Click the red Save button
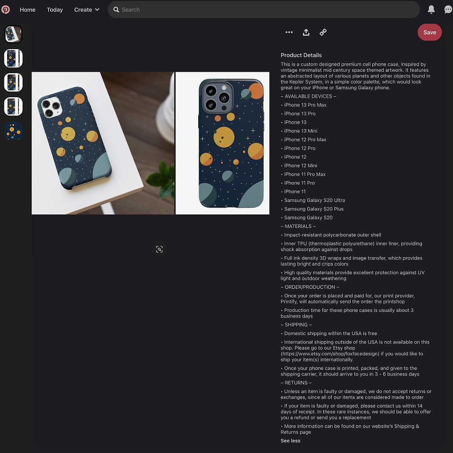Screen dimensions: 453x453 click(429, 33)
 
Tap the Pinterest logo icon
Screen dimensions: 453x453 click(6, 9)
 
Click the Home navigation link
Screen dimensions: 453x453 click(27, 10)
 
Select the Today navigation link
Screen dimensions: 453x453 click(55, 10)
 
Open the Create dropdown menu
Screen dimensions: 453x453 click(87, 10)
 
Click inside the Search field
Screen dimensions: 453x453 click(263, 10)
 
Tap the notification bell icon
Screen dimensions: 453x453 click(431, 9)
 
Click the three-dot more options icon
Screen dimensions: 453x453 click(289, 33)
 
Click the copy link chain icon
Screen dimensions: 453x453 click(323, 33)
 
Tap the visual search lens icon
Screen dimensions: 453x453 click(159, 249)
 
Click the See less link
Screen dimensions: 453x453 click(290, 441)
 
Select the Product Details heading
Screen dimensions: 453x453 click(301, 55)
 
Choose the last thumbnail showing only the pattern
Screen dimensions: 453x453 click(13, 131)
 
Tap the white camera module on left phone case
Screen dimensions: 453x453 click(51, 107)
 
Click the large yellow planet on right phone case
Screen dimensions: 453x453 click(224, 137)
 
